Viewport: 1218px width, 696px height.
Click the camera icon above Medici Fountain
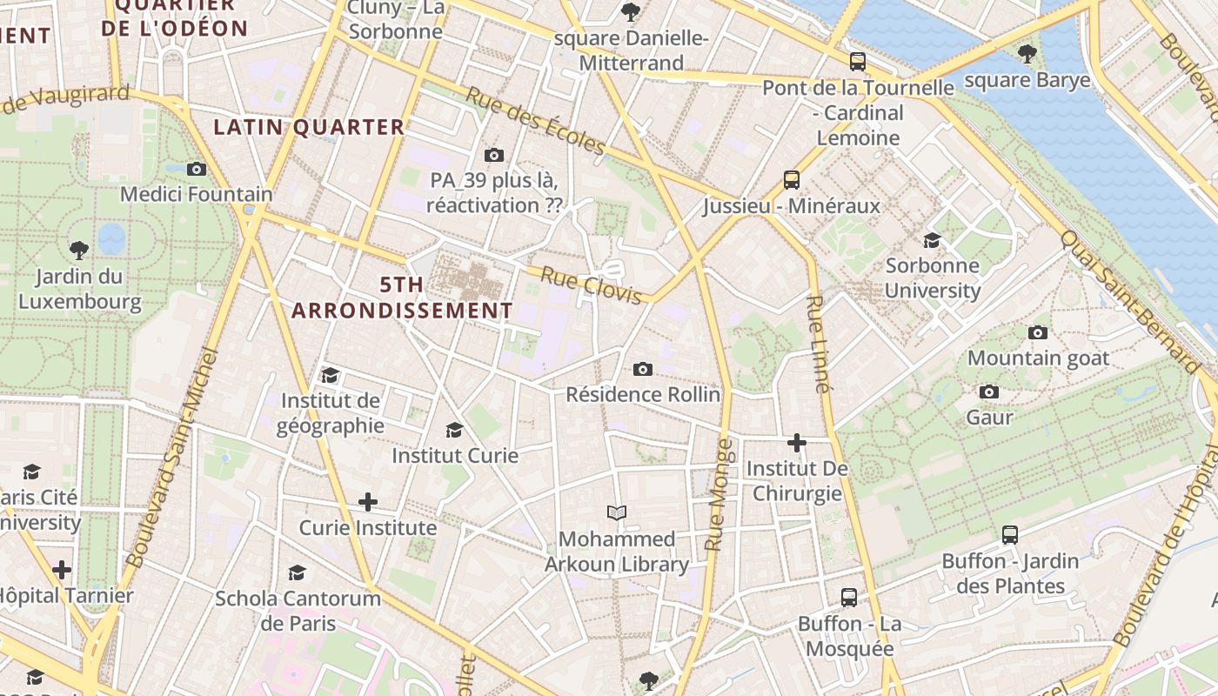tap(197, 169)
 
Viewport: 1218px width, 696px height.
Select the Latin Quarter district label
tap(310, 127)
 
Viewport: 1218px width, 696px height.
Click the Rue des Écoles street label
tap(534, 121)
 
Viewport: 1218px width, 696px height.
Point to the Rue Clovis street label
tap(592, 285)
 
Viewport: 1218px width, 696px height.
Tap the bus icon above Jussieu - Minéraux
tap(792, 180)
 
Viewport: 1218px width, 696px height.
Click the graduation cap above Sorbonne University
tap(932, 240)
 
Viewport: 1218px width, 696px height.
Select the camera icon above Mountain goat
tap(1038, 332)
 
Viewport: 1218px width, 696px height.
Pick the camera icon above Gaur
tap(989, 392)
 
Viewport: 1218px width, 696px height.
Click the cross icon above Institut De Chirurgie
tap(796, 443)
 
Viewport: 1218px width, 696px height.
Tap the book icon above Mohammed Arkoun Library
tap(617, 513)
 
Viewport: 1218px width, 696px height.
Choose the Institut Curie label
tap(455, 455)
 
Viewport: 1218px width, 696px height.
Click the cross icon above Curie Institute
tap(368, 502)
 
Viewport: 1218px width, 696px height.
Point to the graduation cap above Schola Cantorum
tap(298, 572)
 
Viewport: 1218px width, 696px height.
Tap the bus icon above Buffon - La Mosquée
tap(849, 598)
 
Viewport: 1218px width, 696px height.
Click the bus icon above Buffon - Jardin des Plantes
tap(1010, 535)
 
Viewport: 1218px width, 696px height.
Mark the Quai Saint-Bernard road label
tap(1132, 301)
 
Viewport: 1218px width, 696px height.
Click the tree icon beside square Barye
tap(1027, 54)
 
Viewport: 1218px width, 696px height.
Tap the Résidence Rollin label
tap(643, 394)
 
